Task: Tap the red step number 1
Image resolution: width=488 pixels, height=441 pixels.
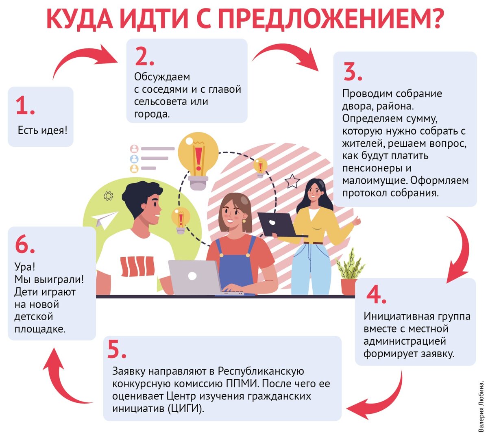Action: (x=25, y=105)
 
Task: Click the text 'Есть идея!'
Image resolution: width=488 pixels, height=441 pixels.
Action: (x=43, y=130)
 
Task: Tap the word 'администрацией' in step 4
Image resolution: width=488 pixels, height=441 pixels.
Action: (x=405, y=341)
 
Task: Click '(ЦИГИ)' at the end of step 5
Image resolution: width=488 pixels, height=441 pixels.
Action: (x=185, y=408)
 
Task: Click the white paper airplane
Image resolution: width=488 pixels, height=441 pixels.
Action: (x=104, y=219)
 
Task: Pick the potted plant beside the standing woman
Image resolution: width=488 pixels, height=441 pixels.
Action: (x=349, y=272)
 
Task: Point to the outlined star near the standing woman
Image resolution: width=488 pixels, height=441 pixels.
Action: (x=292, y=181)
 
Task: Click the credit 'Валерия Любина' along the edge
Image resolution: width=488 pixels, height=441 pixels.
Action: (x=481, y=406)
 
